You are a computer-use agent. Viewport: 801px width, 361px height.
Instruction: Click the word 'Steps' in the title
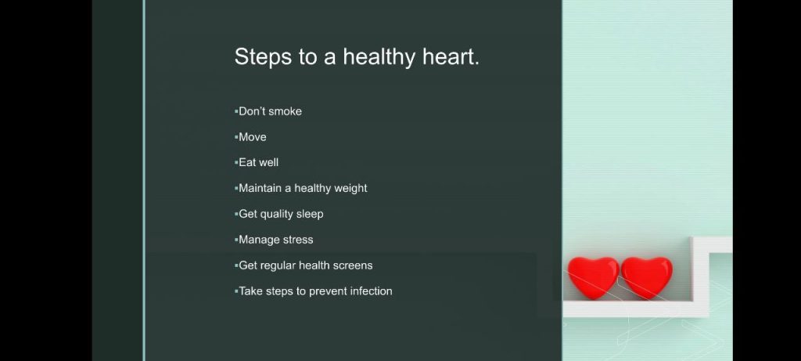262,56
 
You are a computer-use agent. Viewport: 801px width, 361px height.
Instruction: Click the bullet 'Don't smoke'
270,111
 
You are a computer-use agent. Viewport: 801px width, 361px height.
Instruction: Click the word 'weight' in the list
350,189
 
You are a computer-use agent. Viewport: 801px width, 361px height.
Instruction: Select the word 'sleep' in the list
310,215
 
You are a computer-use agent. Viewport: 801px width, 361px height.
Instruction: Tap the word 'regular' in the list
278,266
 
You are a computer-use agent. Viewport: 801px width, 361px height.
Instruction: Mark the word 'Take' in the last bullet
251,291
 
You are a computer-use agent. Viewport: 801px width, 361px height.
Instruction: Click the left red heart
593,277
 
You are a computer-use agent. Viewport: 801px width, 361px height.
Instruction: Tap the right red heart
647,277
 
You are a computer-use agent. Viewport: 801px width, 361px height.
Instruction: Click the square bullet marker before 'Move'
236,137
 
